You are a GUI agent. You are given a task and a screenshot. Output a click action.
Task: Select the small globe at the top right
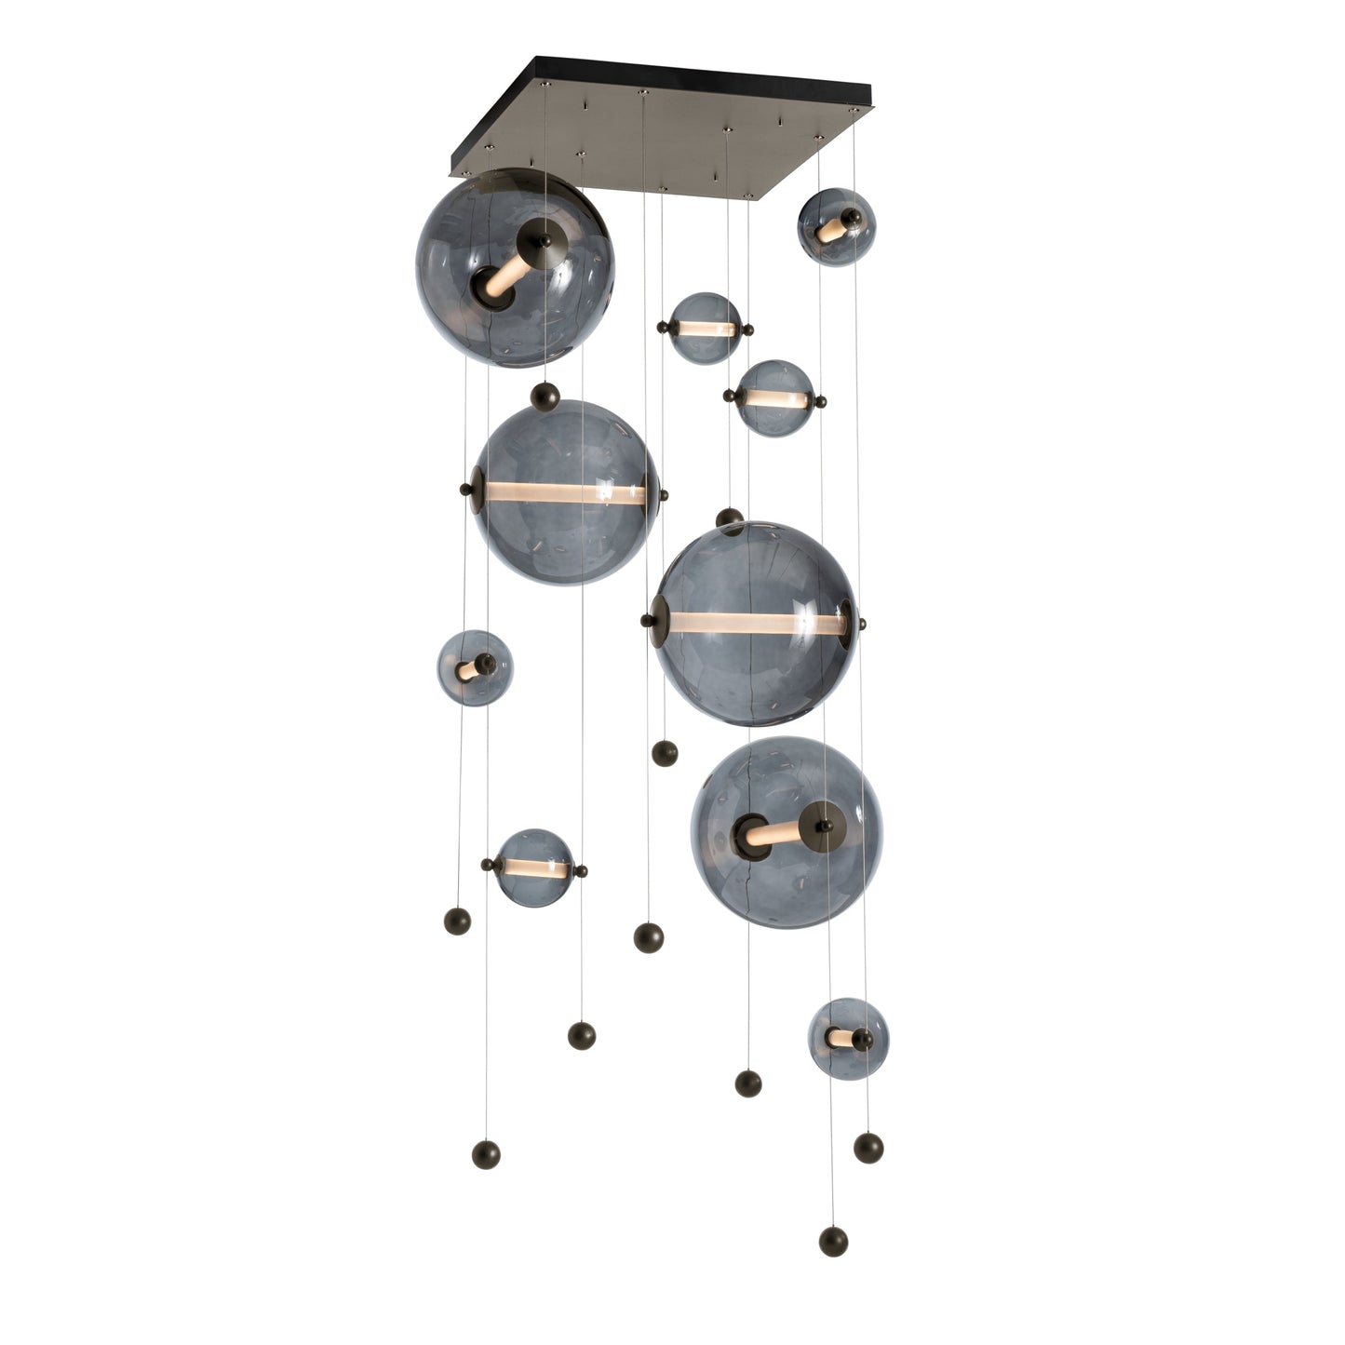(836, 227)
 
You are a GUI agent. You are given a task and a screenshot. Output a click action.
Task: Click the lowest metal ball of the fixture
(833, 1241)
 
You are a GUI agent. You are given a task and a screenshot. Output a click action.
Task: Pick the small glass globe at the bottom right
(847, 1038)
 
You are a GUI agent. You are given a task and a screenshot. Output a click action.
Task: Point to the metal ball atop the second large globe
(544, 398)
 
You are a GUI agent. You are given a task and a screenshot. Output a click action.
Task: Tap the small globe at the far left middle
(475, 667)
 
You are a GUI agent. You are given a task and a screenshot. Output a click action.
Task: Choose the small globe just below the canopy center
(705, 329)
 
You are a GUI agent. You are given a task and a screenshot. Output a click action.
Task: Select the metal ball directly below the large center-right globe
(664, 753)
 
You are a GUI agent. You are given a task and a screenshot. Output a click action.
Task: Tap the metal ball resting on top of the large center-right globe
(730, 517)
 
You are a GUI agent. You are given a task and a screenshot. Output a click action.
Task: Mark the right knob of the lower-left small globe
(581, 872)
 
